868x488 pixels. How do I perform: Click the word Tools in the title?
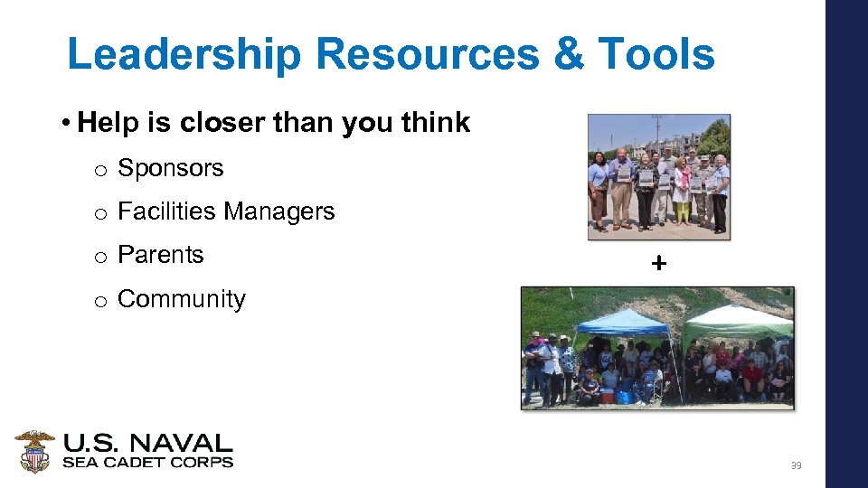(659, 54)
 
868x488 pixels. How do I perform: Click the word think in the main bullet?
(432, 123)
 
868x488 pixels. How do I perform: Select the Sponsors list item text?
(170, 168)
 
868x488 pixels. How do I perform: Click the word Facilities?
(166, 211)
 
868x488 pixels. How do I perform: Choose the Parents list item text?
(160, 255)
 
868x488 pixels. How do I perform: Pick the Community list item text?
(181, 299)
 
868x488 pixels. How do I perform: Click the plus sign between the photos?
(658, 264)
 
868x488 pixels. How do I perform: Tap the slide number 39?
(796, 466)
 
